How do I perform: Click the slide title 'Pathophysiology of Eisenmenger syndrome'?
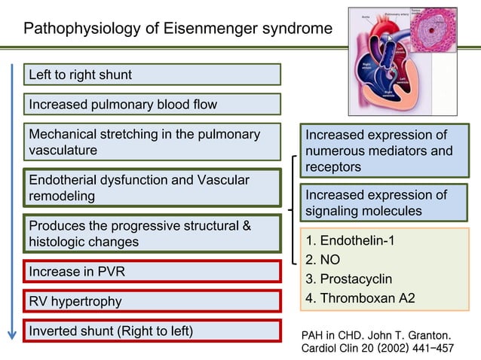pos(177,30)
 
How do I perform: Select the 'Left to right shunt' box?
pos(152,75)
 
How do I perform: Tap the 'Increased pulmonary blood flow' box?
pos(152,104)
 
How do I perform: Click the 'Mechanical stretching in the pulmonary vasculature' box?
pos(152,142)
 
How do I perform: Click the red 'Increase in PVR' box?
pos(152,271)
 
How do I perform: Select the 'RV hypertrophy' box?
pos(152,301)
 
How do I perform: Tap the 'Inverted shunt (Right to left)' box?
pos(152,331)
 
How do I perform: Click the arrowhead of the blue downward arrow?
pos(13,334)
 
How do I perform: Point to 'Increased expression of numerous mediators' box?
pos(384,151)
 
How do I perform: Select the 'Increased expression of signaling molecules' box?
pos(384,203)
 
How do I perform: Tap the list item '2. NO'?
pos(324,260)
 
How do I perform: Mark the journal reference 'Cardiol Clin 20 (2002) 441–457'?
pos(377,349)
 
